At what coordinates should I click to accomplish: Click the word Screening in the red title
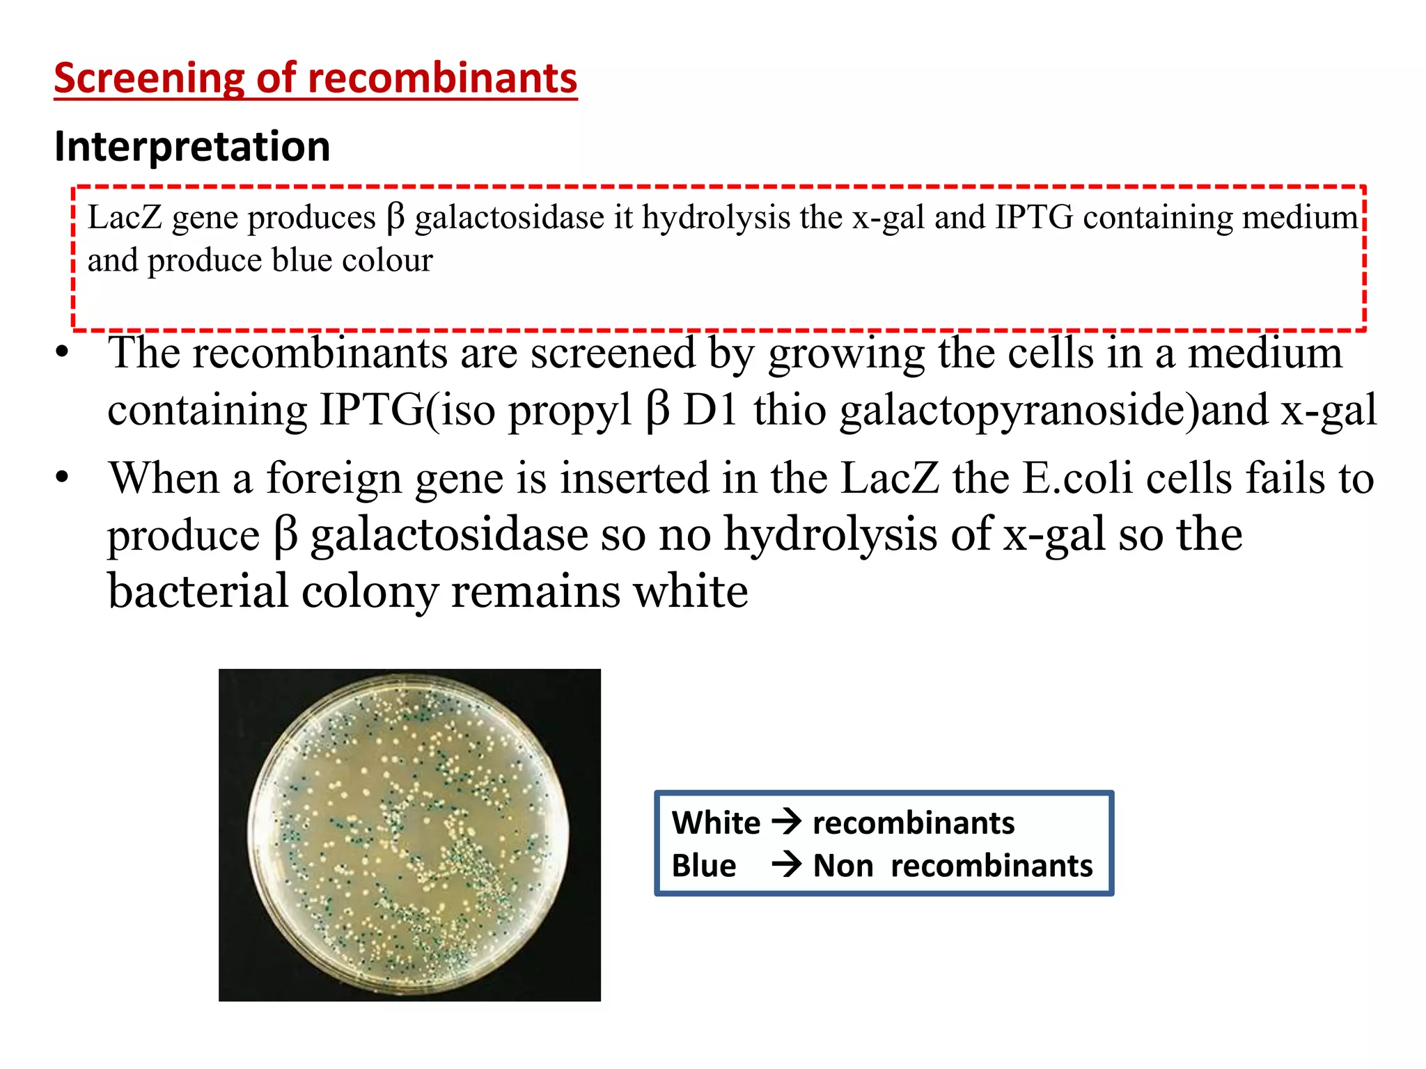point(149,78)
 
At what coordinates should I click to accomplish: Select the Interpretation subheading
point(192,147)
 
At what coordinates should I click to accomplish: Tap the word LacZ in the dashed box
point(125,218)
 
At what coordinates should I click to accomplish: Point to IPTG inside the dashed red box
point(1034,218)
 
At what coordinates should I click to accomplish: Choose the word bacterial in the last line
point(198,592)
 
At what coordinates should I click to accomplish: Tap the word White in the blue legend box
point(716,823)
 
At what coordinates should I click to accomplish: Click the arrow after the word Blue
point(787,865)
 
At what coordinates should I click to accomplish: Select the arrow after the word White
point(787,822)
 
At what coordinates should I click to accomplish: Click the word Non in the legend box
point(843,866)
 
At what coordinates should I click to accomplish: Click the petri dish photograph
point(409,834)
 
